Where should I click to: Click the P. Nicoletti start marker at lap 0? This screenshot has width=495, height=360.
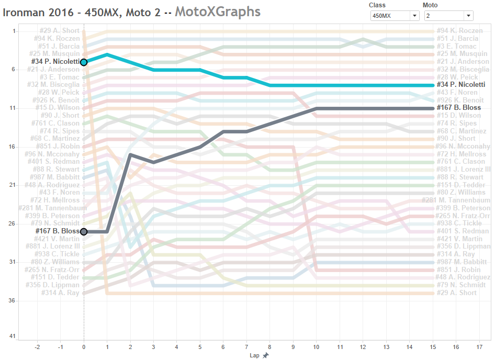84,62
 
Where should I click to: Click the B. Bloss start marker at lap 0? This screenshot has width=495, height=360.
84,231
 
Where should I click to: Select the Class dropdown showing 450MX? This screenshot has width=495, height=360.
395,16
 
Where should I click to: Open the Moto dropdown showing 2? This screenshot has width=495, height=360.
448,16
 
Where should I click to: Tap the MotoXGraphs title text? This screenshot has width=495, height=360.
217,11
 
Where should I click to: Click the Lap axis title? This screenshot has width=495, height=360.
254,355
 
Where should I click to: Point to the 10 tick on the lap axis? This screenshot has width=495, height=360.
316,346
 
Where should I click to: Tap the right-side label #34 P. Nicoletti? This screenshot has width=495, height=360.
460,85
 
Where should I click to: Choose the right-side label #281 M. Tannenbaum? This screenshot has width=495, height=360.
456,200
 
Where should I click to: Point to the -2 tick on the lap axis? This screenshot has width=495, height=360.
37,346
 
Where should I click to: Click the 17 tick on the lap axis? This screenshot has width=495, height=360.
479,346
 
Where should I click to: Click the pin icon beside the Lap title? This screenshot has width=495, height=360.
266,355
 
